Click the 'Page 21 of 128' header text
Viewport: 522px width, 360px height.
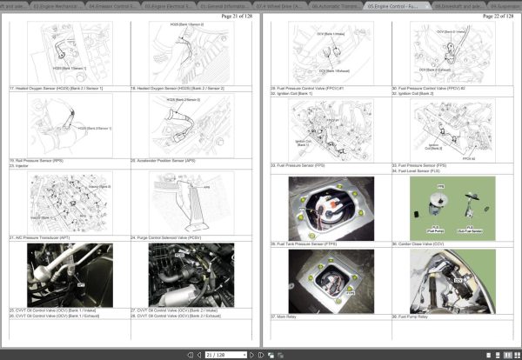[237, 17]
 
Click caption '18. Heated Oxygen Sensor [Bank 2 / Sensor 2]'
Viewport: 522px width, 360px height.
[168, 88]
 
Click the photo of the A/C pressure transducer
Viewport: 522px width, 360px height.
[70, 274]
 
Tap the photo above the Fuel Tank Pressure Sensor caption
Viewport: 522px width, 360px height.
[331, 208]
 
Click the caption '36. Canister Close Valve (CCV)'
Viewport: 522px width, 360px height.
[416, 244]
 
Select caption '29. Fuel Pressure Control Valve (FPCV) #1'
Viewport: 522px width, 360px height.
[308, 88]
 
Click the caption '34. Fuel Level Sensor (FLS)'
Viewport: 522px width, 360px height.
[413, 170]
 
